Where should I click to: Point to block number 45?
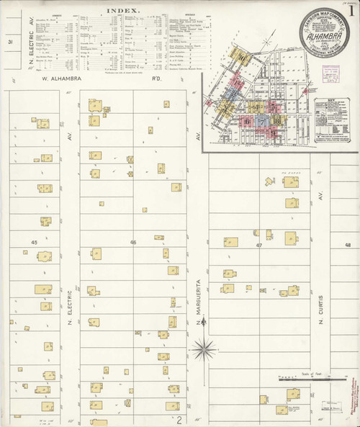pos(35,243)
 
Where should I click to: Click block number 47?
pos(258,246)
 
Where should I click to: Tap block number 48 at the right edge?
pos(348,246)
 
